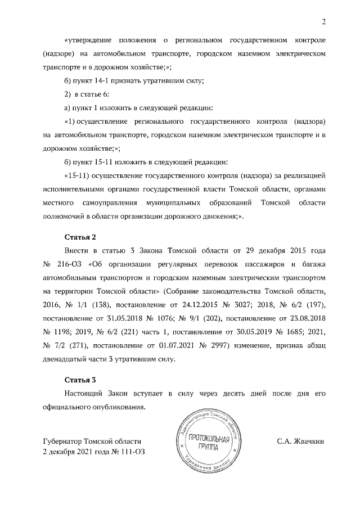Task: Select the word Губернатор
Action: click(x=66, y=442)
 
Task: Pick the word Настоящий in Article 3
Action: click(x=85, y=393)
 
